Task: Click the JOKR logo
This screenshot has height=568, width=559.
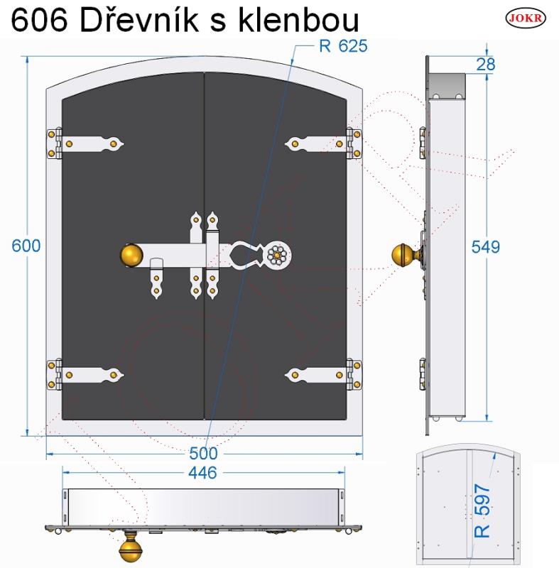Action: (x=526, y=18)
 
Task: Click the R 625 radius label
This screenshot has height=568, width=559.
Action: (x=343, y=46)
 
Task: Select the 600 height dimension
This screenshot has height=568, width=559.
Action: (x=26, y=246)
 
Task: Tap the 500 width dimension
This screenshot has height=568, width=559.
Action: (x=204, y=453)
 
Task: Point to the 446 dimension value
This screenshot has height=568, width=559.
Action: (x=202, y=473)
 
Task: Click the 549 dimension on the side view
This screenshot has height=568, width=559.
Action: (x=485, y=246)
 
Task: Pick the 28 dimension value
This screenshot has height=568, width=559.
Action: (x=485, y=64)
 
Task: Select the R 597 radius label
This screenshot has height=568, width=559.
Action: (x=482, y=510)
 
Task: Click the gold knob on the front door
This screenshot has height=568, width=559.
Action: (x=131, y=256)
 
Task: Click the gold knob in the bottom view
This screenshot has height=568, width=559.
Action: (x=131, y=550)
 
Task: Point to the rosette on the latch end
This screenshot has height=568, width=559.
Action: (x=278, y=256)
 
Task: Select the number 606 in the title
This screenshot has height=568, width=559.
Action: (x=40, y=20)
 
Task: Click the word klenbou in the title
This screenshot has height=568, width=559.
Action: (x=298, y=20)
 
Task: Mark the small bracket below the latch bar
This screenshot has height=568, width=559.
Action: (x=156, y=278)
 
